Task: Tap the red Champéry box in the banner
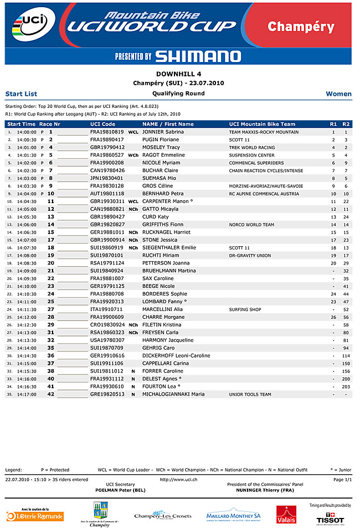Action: [301, 27]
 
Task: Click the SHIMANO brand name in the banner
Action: [198, 56]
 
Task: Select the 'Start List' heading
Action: [21, 94]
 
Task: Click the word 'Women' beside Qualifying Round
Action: [338, 94]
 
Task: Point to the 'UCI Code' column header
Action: [103, 125]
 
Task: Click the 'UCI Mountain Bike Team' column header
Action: [262, 125]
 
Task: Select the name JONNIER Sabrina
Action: [163, 132]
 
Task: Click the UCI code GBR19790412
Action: [107, 148]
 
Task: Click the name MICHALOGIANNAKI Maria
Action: [173, 395]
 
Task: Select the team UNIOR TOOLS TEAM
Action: [250, 395]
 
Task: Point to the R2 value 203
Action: [346, 387]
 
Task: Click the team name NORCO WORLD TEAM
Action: [251, 225]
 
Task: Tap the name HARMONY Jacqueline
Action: [168, 340]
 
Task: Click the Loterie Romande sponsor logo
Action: [35, 516]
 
